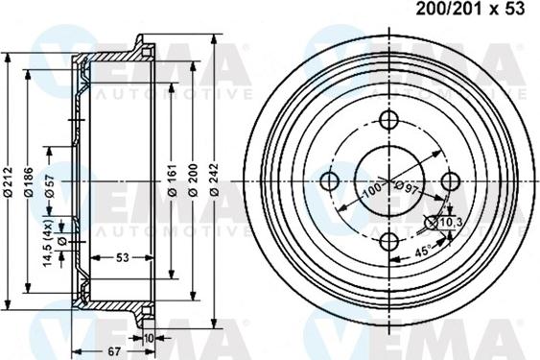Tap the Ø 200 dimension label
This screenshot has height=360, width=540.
tap(192, 180)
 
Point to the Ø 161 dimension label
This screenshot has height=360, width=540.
tap(171, 180)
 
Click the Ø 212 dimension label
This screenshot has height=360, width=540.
tap(8, 180)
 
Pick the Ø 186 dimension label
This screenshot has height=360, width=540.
tap(30, 180)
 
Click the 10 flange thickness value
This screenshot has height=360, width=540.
tap(149, 338)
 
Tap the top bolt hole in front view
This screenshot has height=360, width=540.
tap(389, 120)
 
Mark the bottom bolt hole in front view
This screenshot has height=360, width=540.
tap(389, 241)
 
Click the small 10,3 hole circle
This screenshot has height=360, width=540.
tap(429, 224)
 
